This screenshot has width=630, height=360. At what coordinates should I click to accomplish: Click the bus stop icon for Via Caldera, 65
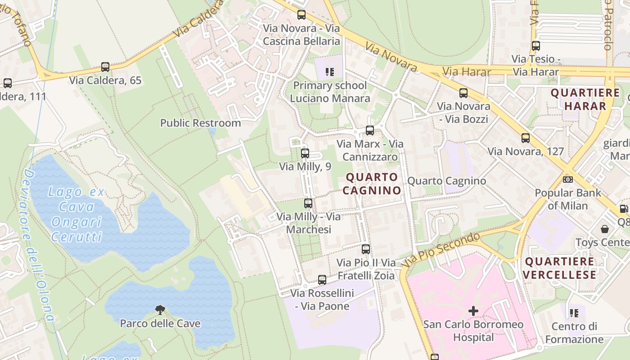click(105, 67)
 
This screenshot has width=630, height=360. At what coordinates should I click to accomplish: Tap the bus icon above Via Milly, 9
click(305, 153)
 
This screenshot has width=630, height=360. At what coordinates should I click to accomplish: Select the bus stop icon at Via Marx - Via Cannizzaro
click(370, 130)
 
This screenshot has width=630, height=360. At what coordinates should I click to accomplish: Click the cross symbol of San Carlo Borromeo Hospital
click(473, 311)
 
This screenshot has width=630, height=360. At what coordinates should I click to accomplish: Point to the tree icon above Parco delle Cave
click(160, 310)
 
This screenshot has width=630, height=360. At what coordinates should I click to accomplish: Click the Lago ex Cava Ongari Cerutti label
click(76, 214)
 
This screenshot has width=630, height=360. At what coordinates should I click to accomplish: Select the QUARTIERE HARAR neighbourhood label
click(585, 99)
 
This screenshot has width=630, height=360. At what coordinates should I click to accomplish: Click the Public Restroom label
click(200, 123)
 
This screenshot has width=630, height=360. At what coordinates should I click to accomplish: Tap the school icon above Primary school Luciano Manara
click(330, 72)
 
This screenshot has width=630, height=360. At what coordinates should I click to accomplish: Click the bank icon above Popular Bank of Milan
click(568, 180)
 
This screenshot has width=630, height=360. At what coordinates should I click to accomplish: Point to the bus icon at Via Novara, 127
click(526, 138)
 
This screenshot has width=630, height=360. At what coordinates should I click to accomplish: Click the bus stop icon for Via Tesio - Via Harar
click(536, 46)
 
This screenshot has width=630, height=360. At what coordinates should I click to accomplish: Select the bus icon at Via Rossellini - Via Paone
click(322, 280)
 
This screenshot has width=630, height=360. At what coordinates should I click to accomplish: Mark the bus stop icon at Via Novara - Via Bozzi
click(463, 93)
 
